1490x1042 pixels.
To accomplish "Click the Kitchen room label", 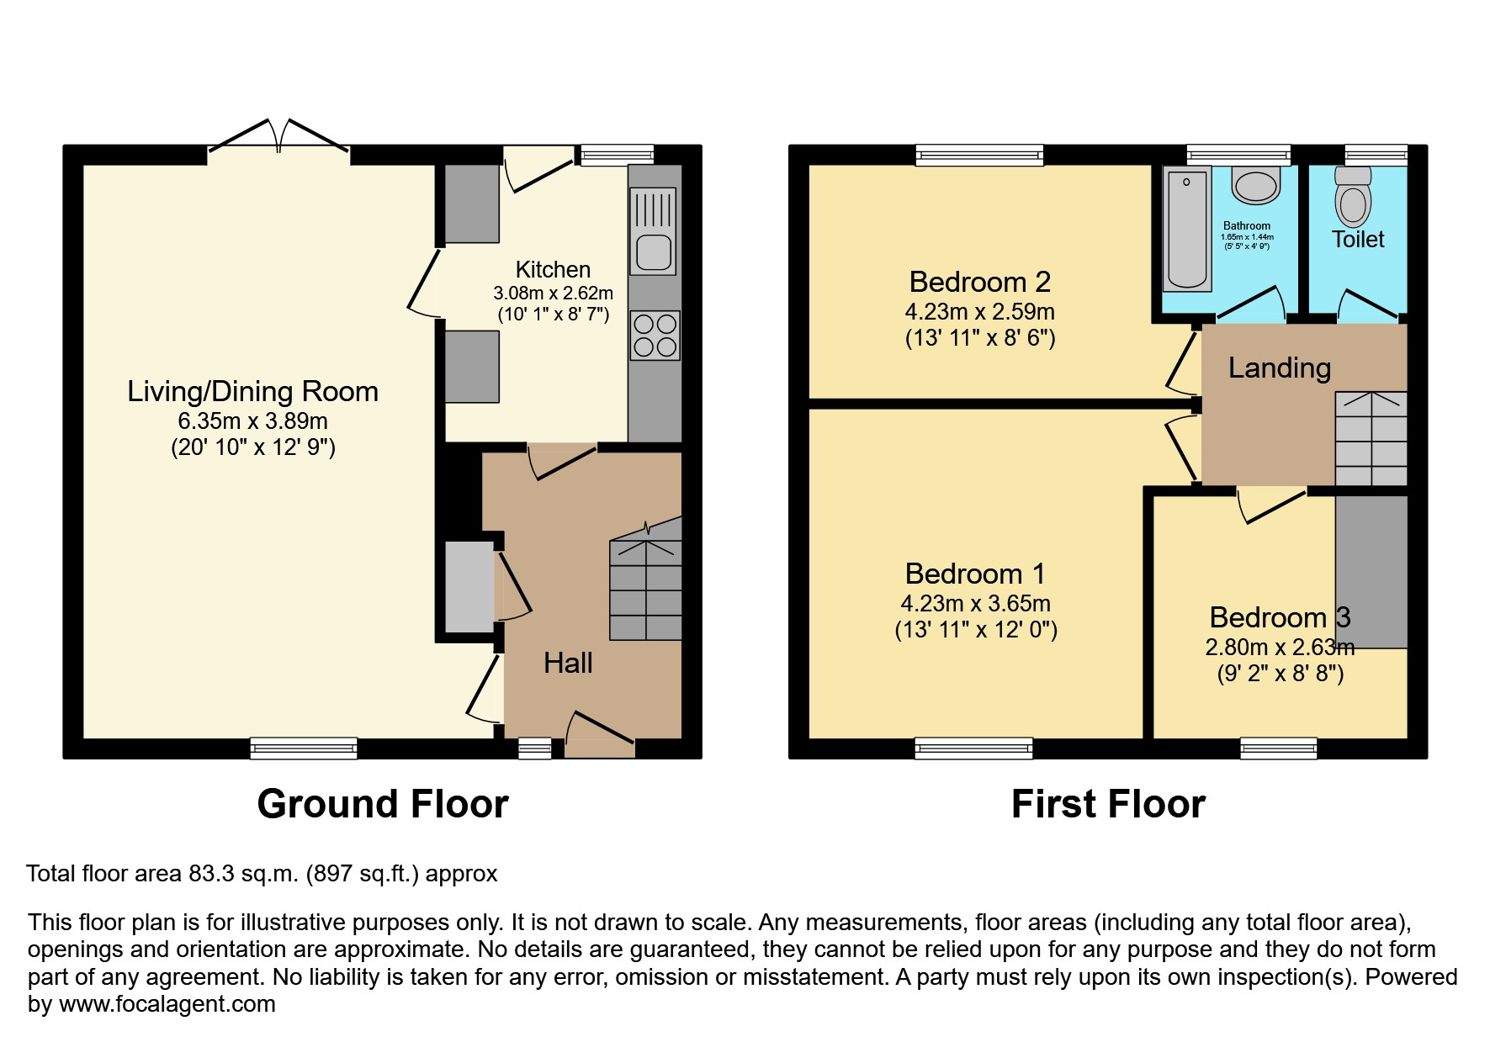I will tap(553, 270).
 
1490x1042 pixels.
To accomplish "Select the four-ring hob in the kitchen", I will tap(655, 336).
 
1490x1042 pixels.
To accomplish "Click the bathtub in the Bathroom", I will tap(1187, 229).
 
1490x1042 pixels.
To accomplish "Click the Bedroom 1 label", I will tap(975, 574).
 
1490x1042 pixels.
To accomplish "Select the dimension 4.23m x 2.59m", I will tap(979, 312).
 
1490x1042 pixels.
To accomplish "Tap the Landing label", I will tap(1279, 368).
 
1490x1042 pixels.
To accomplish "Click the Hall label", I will tap(568, 664).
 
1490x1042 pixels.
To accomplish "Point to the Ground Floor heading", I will tap(383, 804).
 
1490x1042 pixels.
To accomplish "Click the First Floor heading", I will tap(1108, 804).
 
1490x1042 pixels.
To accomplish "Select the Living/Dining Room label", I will tap(252, 392).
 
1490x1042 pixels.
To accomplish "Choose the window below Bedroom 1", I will tap(973, 748).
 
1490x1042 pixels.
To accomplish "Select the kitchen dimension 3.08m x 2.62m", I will tap(553, 294).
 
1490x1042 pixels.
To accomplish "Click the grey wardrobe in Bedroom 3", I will tap(1371, 572).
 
